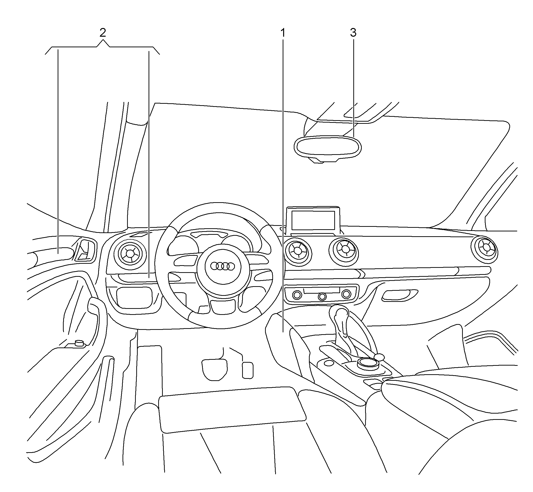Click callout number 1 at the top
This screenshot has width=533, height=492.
coord(283,33)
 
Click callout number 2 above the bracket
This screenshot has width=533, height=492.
coord(103,33)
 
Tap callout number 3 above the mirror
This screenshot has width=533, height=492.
coord(353,33)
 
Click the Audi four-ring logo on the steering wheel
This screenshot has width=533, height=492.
coord(222,266)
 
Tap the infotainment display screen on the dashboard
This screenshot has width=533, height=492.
coord(313,221)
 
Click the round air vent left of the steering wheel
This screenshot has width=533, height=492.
coord(130,253)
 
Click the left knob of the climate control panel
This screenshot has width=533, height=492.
coord(297,295)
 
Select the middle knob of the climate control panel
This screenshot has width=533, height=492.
coord(322,296)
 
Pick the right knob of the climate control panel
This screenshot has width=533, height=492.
coord(346,294)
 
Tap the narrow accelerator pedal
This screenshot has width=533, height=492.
coord(247,370)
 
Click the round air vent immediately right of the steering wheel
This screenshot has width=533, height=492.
coord(298,251)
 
